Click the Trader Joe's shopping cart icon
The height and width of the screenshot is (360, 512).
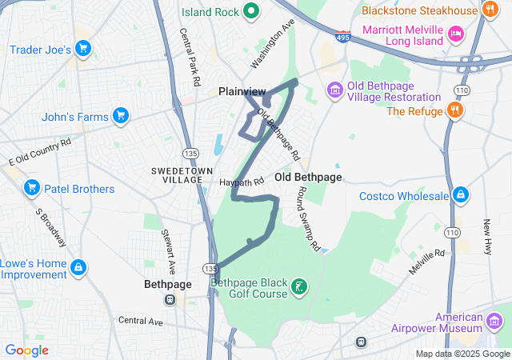[x=82, y=50]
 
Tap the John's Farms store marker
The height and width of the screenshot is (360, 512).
[x=121, y=117]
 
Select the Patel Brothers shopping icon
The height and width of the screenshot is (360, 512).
[x=33, y=189]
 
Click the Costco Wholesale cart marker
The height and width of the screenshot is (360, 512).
[x=461, y=195]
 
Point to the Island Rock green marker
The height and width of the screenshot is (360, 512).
[x=250, y=11]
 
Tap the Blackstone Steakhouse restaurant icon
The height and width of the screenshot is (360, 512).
[x=490, y=10]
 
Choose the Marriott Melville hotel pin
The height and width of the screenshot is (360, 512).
[x=455, y=33]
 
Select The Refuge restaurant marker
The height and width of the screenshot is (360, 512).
[x=455, y=110]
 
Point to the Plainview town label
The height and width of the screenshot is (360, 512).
[x=242, y=92]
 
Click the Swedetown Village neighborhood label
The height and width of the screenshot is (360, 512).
[x=177, y=175]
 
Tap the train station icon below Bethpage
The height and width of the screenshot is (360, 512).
[x=170, y=300]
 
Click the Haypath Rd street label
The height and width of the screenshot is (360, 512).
[x=242, y=182]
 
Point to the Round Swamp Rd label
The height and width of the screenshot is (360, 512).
[x=308, y=219]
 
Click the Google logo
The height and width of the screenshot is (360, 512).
[x=26, y=350]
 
